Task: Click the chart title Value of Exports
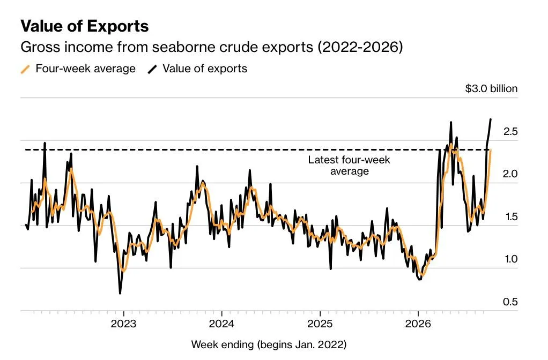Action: pos(85,26)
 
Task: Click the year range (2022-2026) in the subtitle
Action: pos(360,47)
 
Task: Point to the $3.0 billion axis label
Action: pos(491,89)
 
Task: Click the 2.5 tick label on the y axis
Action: pos(510,132)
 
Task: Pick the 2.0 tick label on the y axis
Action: pos(510,174)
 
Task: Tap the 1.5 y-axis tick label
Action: pos(512,217)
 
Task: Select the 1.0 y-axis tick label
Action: pos(511,259)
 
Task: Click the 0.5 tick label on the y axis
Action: pos(510,302)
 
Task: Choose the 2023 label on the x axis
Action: pos(123,324)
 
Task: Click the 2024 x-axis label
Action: pos(221,324)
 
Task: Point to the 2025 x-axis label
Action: pos(320,324)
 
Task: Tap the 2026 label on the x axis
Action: pos(418,324)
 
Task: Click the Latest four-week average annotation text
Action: pos(349,166)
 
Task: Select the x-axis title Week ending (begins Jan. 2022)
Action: pos(269,345)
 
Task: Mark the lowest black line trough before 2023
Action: pos(120,294)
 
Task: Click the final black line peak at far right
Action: pos(490,120)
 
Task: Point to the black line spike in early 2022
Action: pos(45,143)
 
